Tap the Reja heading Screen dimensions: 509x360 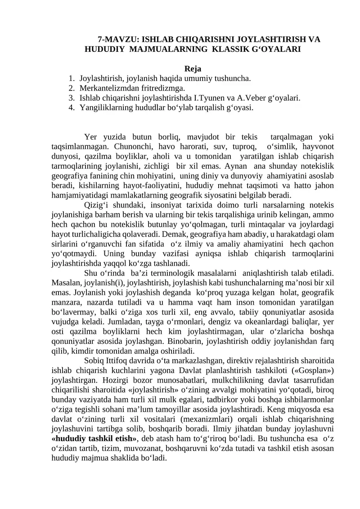click(193, 69)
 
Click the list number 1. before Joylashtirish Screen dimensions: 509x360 click(72, 78)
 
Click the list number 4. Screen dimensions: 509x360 click(72, 107)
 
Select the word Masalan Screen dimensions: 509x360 click(66, 284)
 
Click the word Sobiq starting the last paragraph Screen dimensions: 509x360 click(94, 362)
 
